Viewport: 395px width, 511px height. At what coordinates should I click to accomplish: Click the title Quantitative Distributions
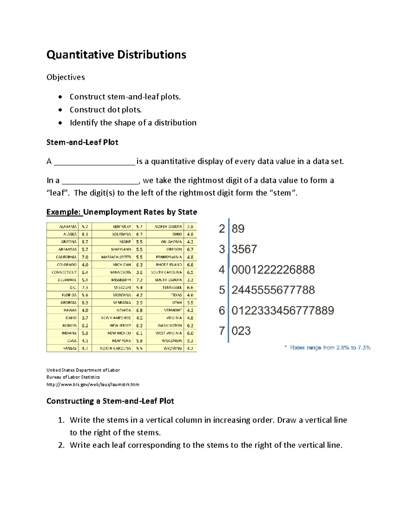(116, 55)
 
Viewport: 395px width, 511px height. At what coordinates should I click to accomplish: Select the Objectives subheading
(66, 77)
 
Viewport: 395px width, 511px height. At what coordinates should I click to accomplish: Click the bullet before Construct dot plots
(60, 110)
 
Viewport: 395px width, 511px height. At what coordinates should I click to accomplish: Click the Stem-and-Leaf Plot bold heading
(82, 142)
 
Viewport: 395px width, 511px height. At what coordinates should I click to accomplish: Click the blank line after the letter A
(94, 162)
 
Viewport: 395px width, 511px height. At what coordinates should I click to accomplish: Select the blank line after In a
(100, 181)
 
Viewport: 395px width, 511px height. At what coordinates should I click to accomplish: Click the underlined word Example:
(64, 212)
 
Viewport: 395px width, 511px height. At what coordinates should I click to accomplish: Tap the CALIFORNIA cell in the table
(66, 257)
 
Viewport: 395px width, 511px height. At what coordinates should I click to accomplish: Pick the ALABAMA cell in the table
(68, 227)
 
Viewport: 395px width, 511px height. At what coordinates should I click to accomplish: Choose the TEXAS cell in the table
(176, 295)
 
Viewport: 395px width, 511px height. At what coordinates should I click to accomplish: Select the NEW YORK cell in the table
(121, 341)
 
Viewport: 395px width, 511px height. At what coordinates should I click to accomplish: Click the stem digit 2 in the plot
(222, 229)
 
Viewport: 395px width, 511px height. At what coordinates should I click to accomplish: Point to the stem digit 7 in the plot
(222, 331)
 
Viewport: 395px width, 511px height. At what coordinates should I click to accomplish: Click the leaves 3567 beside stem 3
(244, 249)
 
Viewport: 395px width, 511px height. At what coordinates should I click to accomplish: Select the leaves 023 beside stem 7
(241, 331)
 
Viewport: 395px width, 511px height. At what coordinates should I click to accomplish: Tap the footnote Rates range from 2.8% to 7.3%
(330, 348)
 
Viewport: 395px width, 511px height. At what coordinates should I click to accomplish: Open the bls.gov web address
(93, 384)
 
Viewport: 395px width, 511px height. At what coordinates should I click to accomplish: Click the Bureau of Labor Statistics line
(73, 377)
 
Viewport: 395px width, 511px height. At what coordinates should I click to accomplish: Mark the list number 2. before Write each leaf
(61, 446)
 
